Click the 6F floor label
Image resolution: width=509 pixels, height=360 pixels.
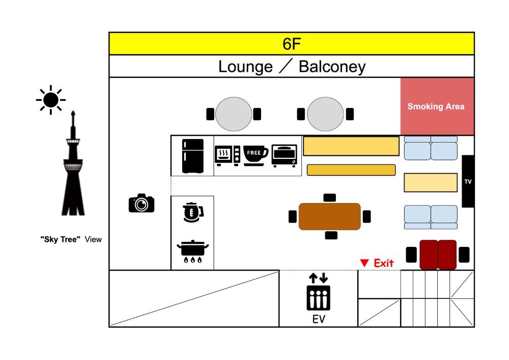(x=292, y=44)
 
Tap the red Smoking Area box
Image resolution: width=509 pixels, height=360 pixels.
(x=437, y=106)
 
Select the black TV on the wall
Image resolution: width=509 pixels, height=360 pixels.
(x=468, y=181)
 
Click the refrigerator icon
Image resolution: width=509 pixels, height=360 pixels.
(x=192, y=156)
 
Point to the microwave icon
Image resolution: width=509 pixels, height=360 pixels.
(x=228, y=155)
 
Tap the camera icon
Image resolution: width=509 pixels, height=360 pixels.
(x=141, y=203)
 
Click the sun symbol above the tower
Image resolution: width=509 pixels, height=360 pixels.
(x=50, y=100)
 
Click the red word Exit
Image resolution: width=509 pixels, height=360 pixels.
(x=384, y=263)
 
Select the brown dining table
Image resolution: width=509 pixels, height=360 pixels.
(x=329, y=216)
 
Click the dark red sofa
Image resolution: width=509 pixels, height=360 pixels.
(x=438, y=254)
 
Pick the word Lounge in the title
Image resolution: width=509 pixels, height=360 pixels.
(x=245, y=67)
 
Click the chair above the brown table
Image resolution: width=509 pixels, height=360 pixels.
(x=330, y=198)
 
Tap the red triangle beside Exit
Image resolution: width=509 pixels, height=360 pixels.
(x=364, y=263)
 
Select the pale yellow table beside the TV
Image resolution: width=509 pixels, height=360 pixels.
(x=430, y=182)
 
